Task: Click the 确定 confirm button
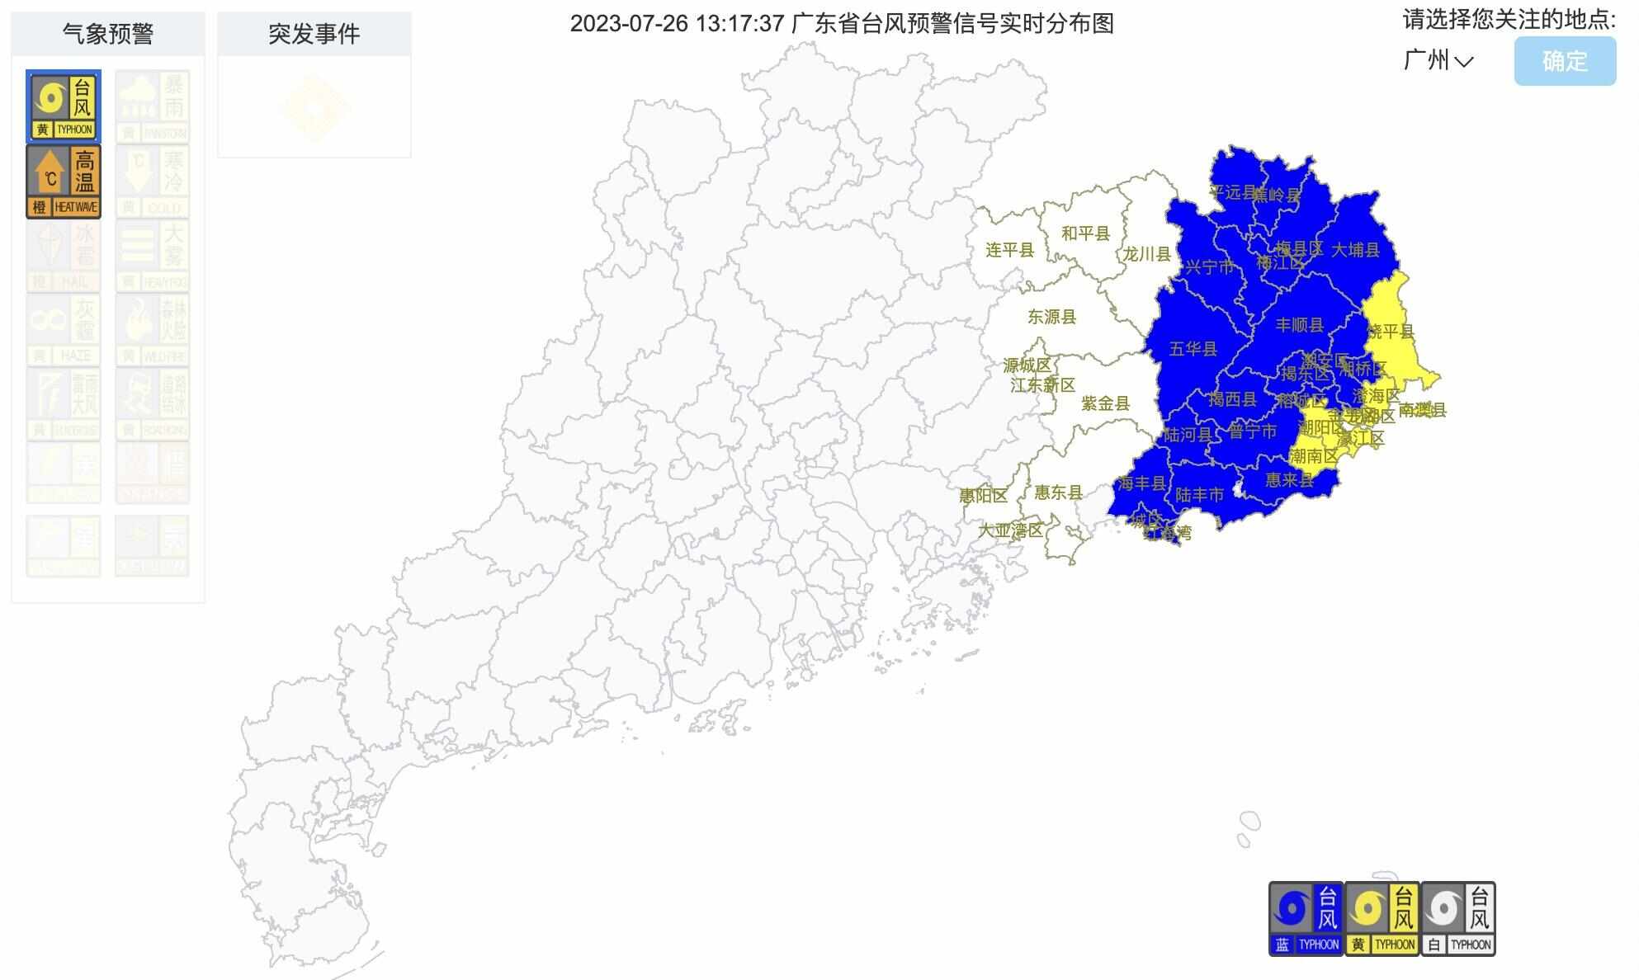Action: click(x=1564, y=61)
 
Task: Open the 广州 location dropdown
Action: click(x=1438, y=60)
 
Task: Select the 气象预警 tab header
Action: click(x=108, y=34)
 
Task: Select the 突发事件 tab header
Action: click(x=314, y=34)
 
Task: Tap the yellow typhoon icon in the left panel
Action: click(x=64, y=106)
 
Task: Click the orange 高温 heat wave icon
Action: click(x=64, y=181)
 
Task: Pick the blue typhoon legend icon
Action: click(x=1306, y=918)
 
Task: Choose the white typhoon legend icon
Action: click(x=1458, y=918)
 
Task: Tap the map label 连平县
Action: click(x=1009, y=250)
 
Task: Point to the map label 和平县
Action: click(x=1085, y=233)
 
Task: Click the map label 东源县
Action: click(x=1051, y=317)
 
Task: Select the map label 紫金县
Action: click(x=1105, y=403)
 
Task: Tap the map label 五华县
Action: click(x=1193, y=349)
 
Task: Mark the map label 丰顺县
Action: click(x=1299, y=325)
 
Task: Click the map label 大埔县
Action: click(x=1355, y=249)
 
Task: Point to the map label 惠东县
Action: click(x=1058, y=492)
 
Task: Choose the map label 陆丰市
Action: click(x=1199, y=495)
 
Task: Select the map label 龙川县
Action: click(x=1146, y=254)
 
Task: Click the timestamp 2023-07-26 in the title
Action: click(x=629, y=24)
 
